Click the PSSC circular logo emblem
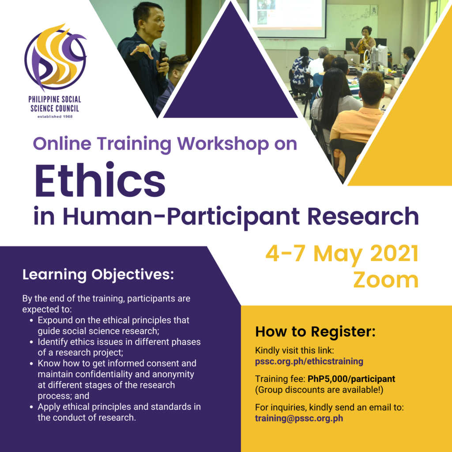55,58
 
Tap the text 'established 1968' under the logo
55,117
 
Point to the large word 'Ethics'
100,181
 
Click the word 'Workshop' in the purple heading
223,143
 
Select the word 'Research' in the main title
363,216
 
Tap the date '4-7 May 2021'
342,254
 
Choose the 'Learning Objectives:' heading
98,275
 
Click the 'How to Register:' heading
315,331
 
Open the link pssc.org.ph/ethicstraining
309,361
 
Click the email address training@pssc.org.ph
299,418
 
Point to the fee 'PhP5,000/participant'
351,379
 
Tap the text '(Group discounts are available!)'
319,390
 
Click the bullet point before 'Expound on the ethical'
31,320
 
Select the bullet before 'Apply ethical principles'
31,407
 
